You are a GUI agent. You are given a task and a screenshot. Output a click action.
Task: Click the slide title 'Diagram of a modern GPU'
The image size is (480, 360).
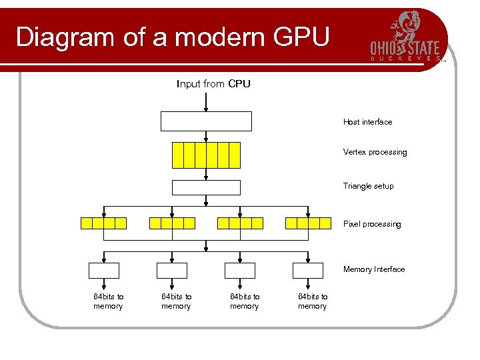point(172,37)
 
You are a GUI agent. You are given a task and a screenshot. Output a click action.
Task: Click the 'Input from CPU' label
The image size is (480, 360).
point(213,84)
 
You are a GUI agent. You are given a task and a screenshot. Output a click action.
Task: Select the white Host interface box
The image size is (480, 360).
point(206,121)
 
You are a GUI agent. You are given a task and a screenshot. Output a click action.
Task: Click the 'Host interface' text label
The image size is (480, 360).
point(367,122)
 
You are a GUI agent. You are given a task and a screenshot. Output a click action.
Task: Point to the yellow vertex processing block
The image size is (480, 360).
point(206,155)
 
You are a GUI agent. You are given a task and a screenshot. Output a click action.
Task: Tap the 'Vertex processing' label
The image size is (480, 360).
point(375,152)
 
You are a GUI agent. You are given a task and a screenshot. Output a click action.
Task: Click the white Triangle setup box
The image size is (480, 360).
point(206,187)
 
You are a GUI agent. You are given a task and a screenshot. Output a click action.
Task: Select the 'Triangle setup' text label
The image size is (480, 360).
point(368,186)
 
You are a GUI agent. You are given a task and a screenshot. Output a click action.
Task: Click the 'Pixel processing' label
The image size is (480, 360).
point(372,224)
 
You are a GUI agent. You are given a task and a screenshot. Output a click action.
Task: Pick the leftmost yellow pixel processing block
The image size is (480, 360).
point(103,223)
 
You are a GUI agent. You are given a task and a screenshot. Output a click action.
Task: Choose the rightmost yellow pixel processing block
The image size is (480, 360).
point(308,223)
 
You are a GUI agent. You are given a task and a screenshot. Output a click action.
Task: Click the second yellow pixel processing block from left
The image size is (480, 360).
point(172,223)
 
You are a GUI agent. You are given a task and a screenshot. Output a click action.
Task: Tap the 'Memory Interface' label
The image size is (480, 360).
point(373,269)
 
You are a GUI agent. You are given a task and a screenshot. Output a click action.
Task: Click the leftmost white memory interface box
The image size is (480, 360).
point(104,270)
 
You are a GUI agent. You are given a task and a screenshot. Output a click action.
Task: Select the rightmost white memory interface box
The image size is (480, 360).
point(308,270)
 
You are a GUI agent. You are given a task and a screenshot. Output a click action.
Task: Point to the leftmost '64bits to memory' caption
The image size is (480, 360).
point(108,301)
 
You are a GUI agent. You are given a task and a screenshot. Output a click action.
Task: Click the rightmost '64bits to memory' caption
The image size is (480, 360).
point(313,301)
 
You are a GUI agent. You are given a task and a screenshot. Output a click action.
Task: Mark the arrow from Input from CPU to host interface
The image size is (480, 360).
point(206,101)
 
